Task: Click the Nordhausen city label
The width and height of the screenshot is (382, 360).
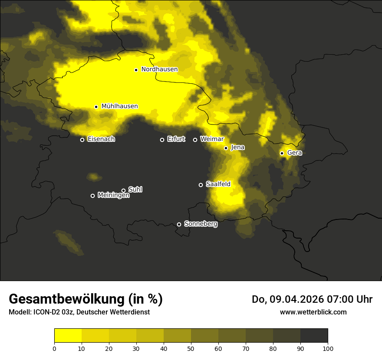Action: tap(159, 69)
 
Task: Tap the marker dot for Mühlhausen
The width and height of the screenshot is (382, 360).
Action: tap(96, 107)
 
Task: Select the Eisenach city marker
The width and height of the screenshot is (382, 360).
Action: tap(82, 140)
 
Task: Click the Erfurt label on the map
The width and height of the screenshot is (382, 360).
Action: tap(176, 139)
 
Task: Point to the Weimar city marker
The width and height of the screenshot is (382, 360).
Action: tap(195, 140)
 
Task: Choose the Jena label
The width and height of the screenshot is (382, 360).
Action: tap(237, 147)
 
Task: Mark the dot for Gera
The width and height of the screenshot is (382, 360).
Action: tap(282, 153)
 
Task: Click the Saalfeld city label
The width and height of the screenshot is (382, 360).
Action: tap(218, 184)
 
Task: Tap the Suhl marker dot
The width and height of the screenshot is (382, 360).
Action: tap(123, 190)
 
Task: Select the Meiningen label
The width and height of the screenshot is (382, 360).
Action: tap(113, 196)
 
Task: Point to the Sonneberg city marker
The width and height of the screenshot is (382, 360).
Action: tap(179, 224)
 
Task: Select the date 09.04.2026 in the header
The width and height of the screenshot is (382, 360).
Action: tap(295, 299)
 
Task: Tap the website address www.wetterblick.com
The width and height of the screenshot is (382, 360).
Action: tap(313, 312)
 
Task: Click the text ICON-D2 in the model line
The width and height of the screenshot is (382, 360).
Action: tap(49, 312)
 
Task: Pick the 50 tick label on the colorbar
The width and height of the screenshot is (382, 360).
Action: tap(191, 348)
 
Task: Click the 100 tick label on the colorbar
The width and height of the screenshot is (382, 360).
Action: tap(328, 348)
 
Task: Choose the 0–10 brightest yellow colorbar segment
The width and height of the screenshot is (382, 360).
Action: tap(68, 336)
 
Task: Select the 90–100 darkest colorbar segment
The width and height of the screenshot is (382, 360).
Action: tap(314, 336)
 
